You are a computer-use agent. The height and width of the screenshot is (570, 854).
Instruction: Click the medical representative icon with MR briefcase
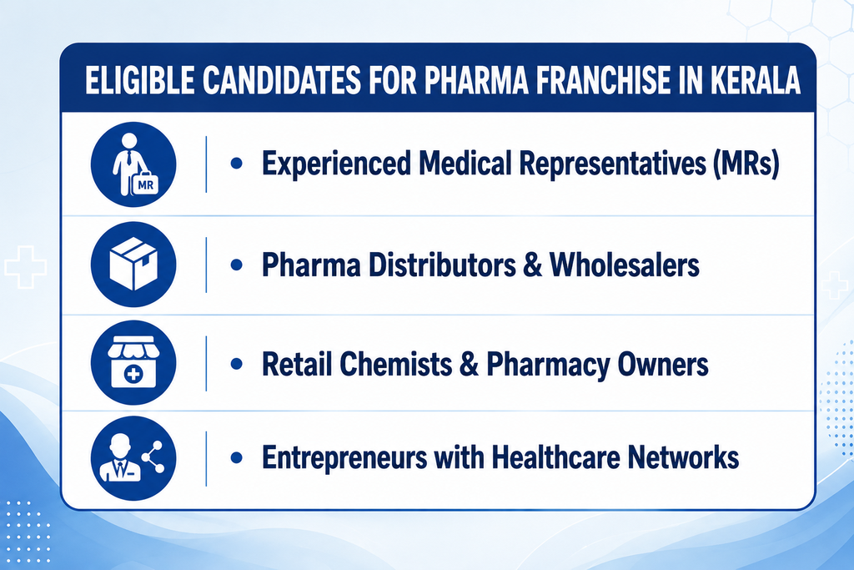tap(133, 164)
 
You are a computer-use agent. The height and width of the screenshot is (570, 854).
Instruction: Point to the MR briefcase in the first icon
tap(145, 184)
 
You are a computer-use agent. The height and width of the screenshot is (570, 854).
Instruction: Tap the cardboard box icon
tap(133, 265)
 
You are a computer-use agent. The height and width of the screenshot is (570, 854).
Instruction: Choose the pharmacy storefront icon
tap(133, 362)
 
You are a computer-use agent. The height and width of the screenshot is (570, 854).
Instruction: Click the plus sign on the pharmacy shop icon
tap(133, 374)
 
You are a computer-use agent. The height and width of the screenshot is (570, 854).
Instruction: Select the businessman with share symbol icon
tap(133, 457)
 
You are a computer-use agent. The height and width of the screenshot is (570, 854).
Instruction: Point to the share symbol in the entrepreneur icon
tap(153, 457)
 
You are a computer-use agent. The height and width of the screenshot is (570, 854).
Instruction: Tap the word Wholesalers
tap(624, 265)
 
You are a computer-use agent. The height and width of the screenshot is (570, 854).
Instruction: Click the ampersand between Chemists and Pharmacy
tap(469, 364)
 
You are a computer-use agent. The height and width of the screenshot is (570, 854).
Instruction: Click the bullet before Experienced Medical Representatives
tap(236, 163)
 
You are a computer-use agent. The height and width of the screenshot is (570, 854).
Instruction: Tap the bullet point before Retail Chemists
tap(236, 364)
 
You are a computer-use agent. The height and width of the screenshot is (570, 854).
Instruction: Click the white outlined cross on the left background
tap(25, 267)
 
